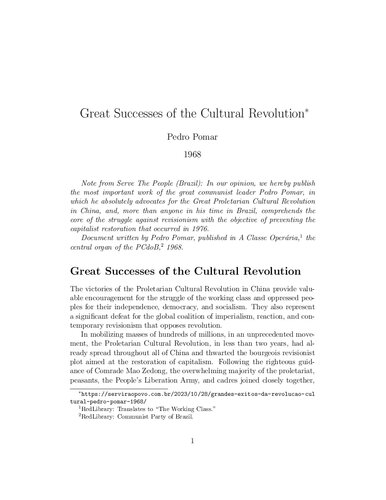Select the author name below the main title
[x=192, y=131]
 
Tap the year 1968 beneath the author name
[x=192, y=154]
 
